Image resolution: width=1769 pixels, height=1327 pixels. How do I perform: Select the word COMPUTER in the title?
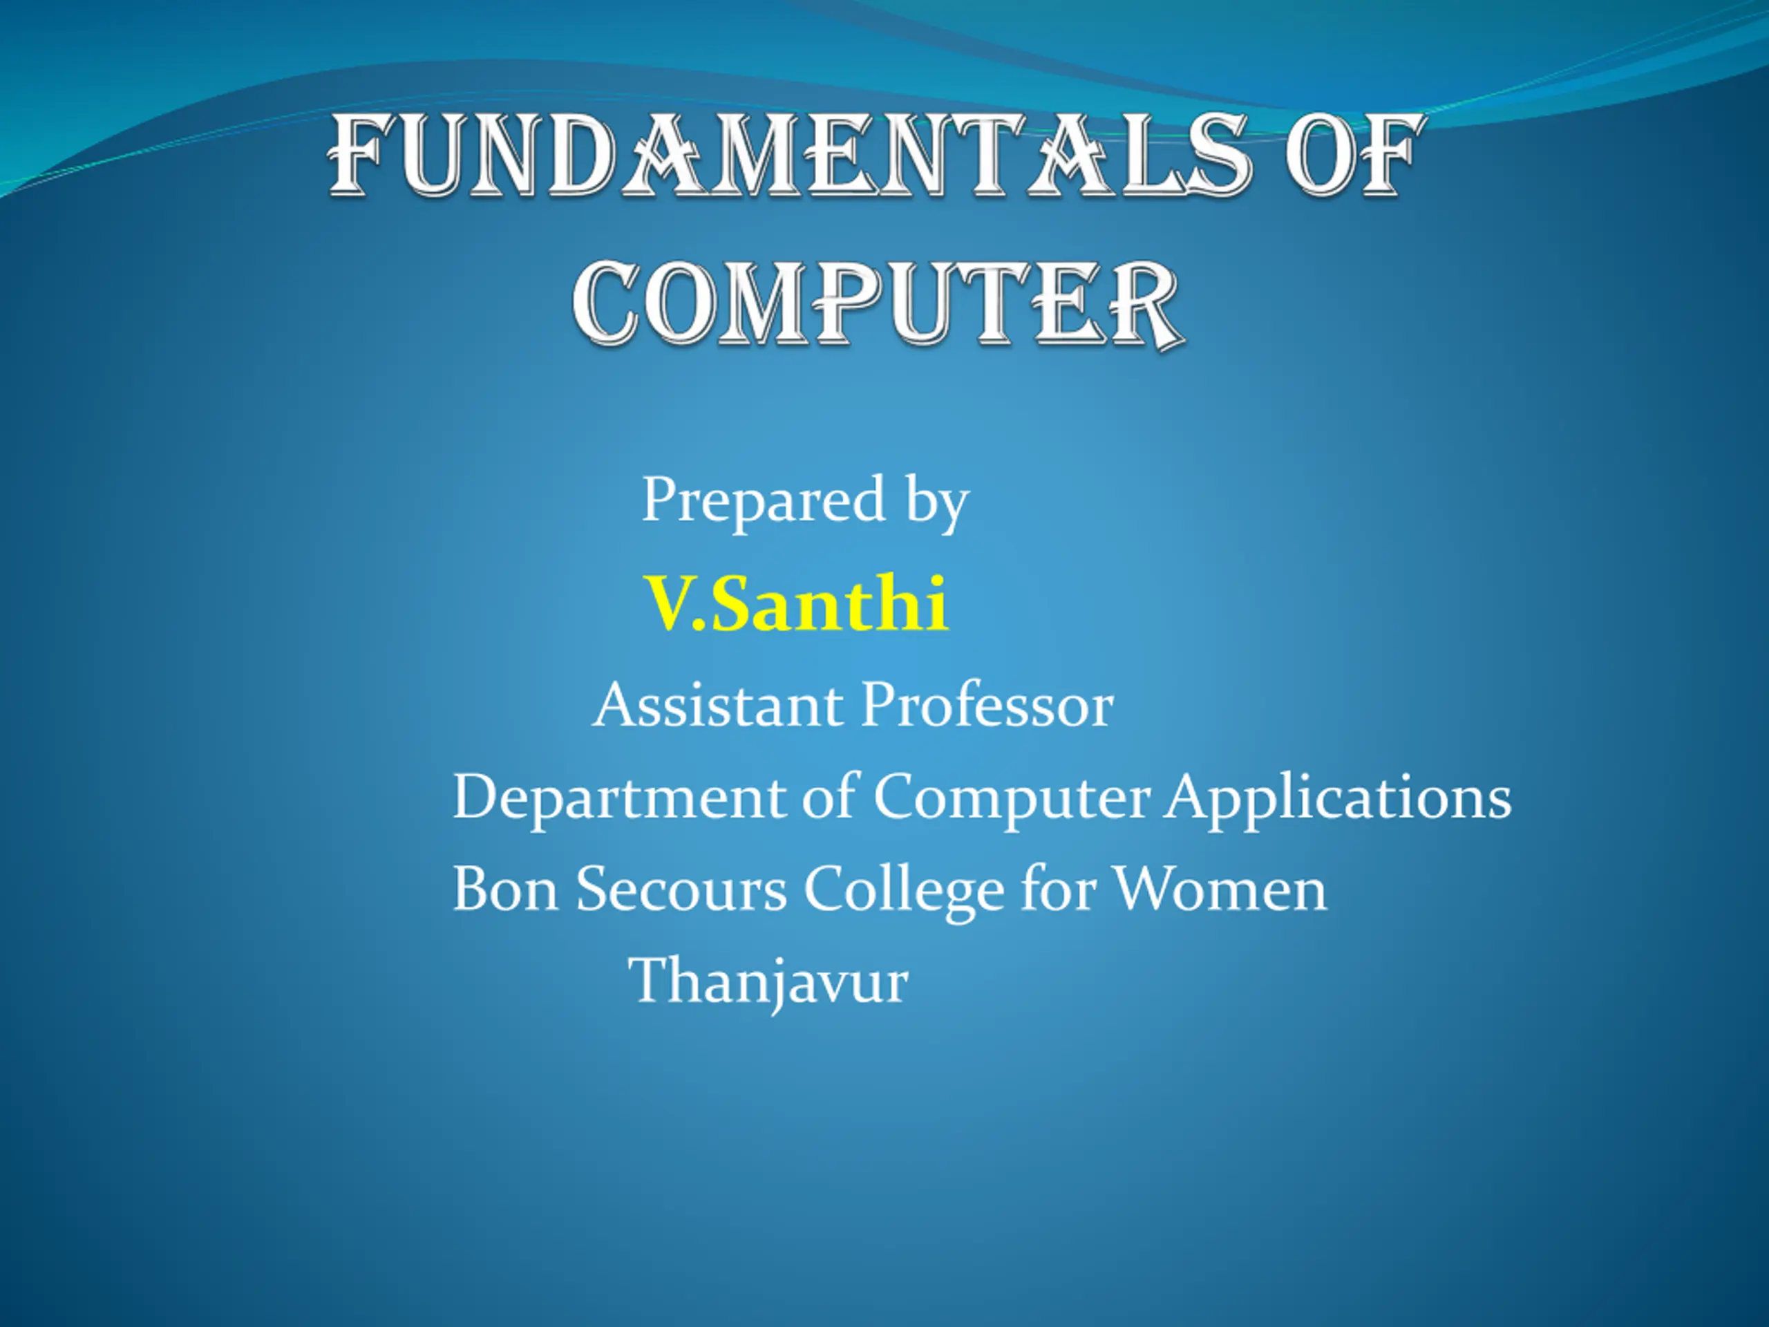point(878,305)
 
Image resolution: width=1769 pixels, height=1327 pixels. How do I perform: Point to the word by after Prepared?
point(936,502)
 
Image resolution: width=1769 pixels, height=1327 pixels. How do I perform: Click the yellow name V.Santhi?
point(797,604)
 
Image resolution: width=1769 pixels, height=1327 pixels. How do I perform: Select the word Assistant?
point(717,705)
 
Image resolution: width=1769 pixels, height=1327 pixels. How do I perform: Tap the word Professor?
point(987,705)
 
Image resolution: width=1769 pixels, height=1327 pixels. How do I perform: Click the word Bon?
point(505,890)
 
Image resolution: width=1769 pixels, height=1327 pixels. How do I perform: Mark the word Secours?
point(681,890)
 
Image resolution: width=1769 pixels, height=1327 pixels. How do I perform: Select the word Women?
point(1220,890)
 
